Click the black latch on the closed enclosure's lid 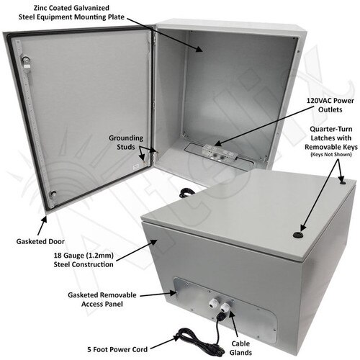click(x=299, y=235)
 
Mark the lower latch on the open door click(x=51, y=192)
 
